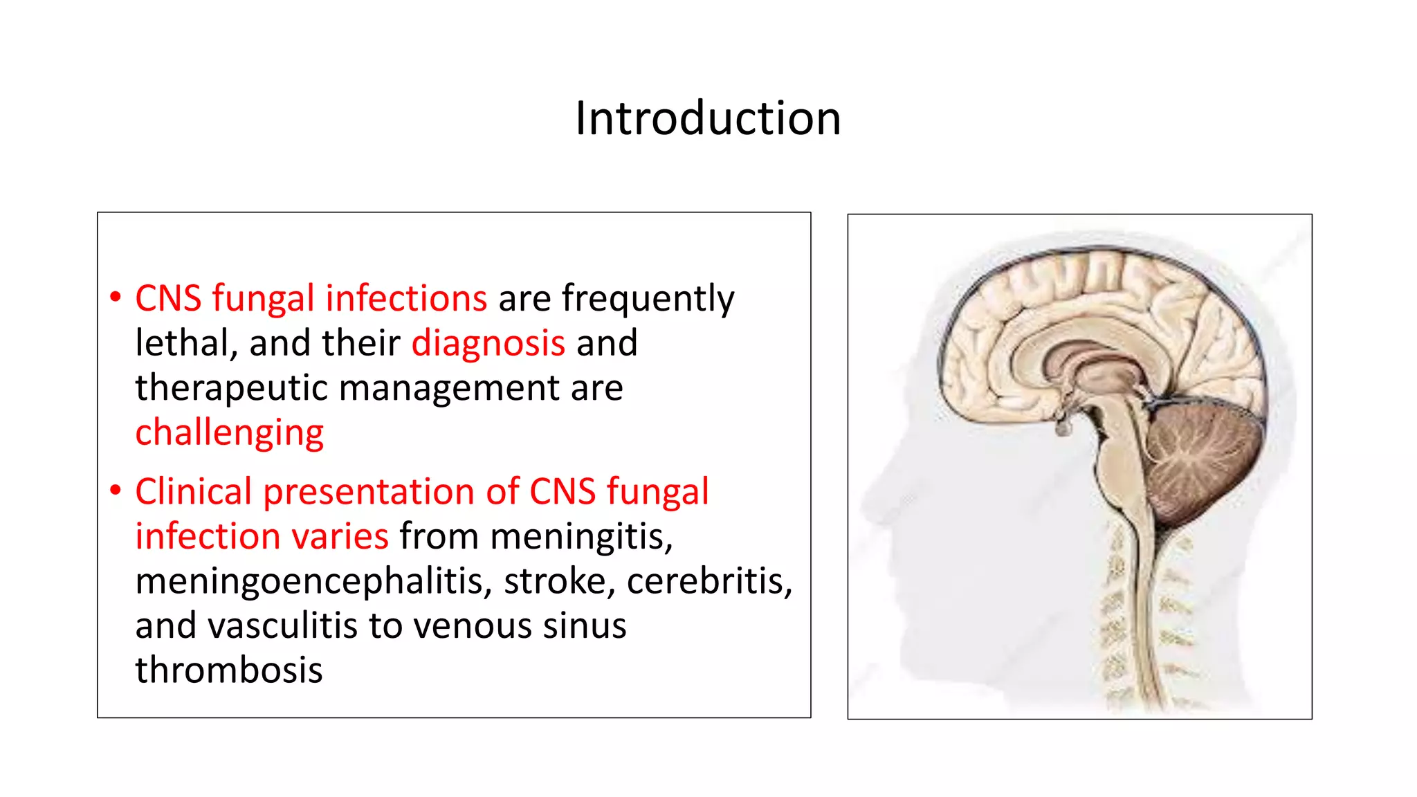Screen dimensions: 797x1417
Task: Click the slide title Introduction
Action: pyautogui.click(x=708, y=118)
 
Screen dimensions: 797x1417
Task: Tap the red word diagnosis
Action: pyautogui.click(x=488, y=344)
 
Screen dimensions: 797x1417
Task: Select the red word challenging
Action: pyautogui.click(x=229, y=434)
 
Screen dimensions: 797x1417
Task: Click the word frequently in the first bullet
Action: pyautogui.click(x=648, y=300)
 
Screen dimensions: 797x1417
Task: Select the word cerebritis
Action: pyautogui.click(x=709, y=581)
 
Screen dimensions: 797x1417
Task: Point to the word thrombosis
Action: pyautogui.click(x=229, y=670)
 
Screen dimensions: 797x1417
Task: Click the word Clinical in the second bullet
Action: pyautogui.click(x=193, y=492)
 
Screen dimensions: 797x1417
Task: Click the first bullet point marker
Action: pyautogui.click(x=116, y=298)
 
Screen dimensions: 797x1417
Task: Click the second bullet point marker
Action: pyautogui.click(x=116, y=491)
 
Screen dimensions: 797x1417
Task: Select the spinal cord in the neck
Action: pyautogui.click(x=1145, y=609)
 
